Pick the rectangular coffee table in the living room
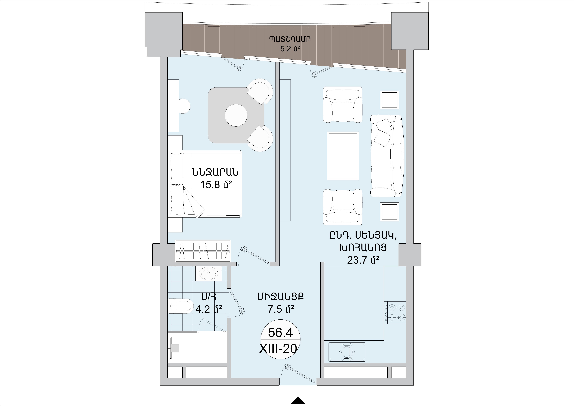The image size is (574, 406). tap(343, 156)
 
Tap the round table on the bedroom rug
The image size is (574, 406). tap(236, 115)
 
